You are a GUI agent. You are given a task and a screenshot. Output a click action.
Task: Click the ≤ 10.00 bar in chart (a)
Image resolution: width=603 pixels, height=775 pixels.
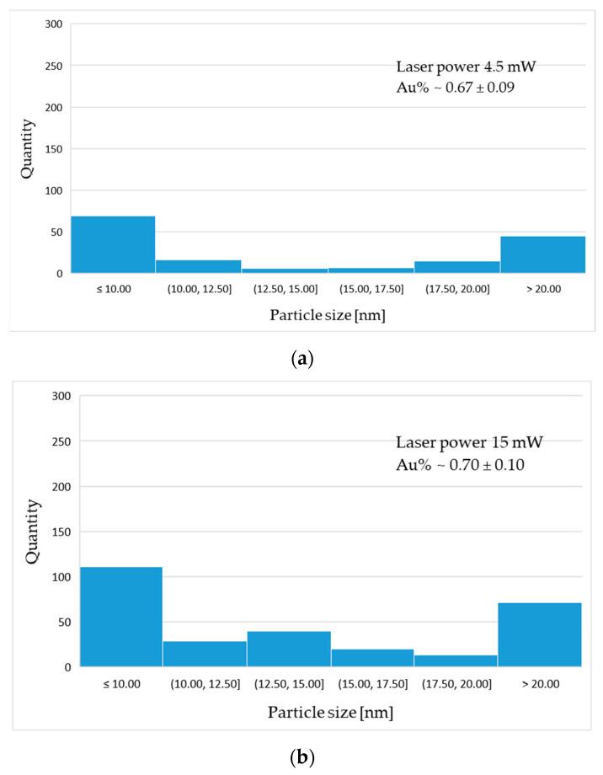pyautogui.click(x=113, y=245)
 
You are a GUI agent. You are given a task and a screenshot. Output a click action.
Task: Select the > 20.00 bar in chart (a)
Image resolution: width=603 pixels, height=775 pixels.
pyautogui.click(x=542, y=254)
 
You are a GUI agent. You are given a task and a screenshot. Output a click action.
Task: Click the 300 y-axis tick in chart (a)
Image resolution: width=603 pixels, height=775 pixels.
pyautogui.click(x=54, y=24)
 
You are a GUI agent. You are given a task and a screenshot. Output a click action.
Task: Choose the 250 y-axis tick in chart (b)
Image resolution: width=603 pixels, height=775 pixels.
pyautogui.click(x=61, y=441)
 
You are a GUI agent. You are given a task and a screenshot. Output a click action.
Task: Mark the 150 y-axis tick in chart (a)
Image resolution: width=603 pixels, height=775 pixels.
pyautogui.click(x=54, y=149)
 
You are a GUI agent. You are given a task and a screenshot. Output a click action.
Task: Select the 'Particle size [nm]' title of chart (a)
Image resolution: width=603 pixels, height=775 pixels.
pyautogui.click(x=329, y=315)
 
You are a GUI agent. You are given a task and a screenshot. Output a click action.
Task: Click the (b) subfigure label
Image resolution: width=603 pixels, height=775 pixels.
pyautogui.click(x=301, y=757)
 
